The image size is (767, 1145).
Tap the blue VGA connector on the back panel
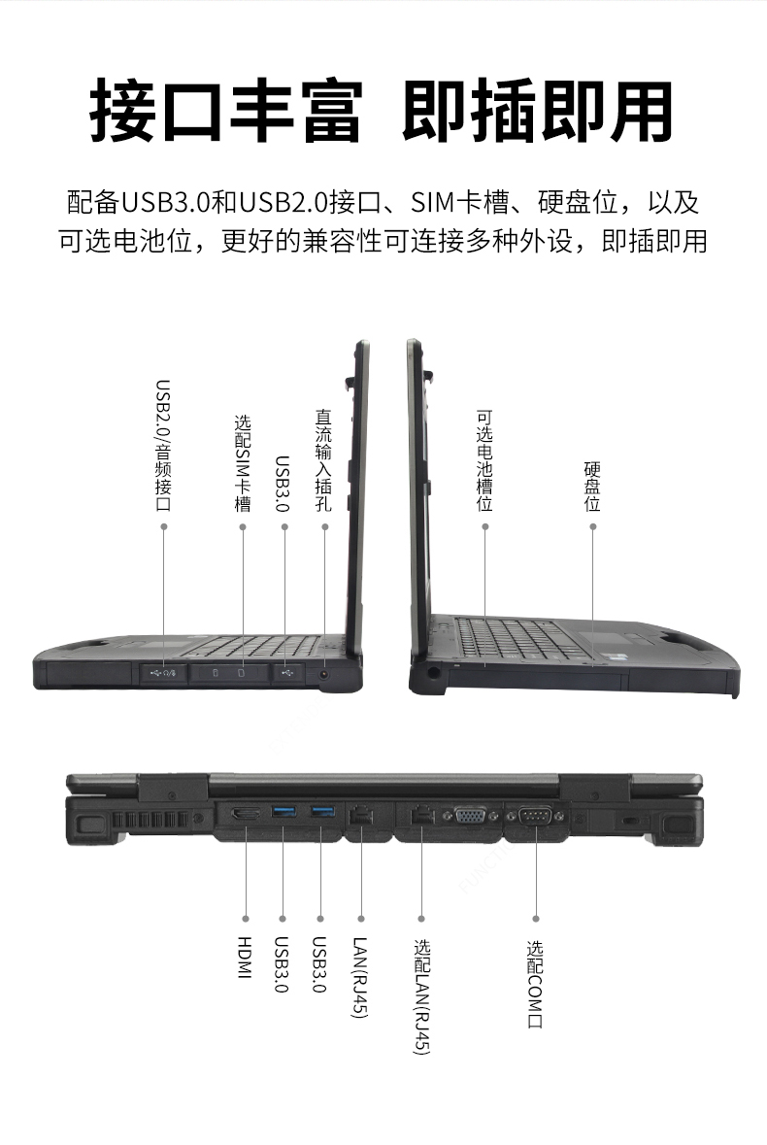click(470, 816)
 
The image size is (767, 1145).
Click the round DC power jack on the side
click(323, 672)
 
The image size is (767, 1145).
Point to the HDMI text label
click(245, 957)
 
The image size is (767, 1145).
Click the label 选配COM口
click(535, 985)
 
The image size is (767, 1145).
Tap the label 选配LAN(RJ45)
click(421, 995)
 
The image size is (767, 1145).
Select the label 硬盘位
click(592, 487)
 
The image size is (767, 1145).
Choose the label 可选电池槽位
click(484, 460)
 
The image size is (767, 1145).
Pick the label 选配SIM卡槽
click(243, 463)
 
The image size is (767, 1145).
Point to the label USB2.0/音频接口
click(163, 446)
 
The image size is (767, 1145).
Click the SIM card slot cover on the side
click(229, 672)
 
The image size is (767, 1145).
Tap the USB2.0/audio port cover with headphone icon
click(161, 672)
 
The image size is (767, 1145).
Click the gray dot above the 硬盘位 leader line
click(592, 526)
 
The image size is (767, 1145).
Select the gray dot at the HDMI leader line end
click(245, 918)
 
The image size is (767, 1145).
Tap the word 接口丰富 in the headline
click(225, 112)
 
